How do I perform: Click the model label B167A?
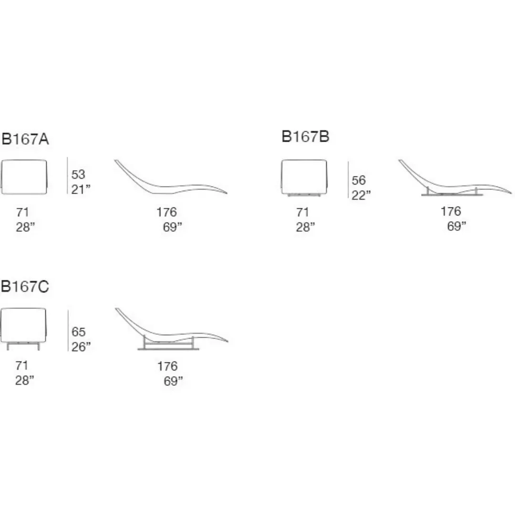click(x=25, y=139)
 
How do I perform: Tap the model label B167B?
click(x=306, y=137)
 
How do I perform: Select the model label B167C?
click(x=25, y=287)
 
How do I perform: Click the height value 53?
click(x=78, y=175)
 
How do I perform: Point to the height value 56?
click(x=359, y=180)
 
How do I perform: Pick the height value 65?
click(x=79, y=332)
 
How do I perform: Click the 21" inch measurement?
click(x=81, y=189)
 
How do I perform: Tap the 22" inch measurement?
click(x=361, y=195)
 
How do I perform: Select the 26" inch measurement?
click(x=81, y=347)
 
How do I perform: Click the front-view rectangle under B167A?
click(x=24, y=177)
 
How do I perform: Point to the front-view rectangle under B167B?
click(x=304, y=178)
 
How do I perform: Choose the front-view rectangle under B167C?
click(x=23, y=329)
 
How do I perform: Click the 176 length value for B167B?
click(x=451, y=211)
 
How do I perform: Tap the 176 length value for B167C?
click(x=167, y=366)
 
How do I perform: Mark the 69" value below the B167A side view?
click(x=173, y=227)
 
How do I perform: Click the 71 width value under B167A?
click(x=23, y=212)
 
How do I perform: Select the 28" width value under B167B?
click(x=306, y=227)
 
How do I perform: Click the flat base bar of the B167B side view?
click(x=452, y=195)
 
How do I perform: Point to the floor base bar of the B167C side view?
click(x=168, y=349)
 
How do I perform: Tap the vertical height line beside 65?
click(x=68, y=330)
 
